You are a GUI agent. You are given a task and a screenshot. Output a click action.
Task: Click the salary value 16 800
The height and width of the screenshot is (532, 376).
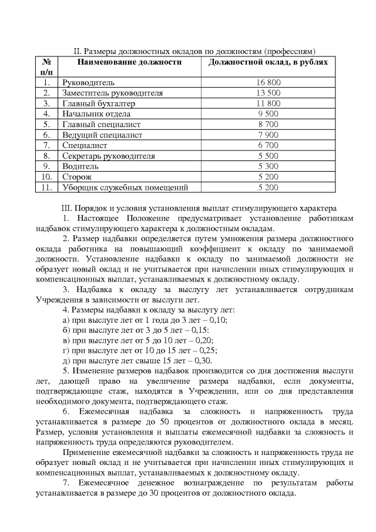click(268, 82)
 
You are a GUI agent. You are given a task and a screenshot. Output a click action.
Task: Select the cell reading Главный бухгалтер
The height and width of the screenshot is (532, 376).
click(98, 103)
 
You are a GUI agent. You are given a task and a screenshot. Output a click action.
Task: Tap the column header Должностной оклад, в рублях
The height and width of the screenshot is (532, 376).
click(268, 62)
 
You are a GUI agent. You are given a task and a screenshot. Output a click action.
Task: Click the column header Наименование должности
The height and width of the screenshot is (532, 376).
click(130, 62)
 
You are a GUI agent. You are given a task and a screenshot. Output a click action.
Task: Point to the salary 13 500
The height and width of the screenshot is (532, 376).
click(268, 93)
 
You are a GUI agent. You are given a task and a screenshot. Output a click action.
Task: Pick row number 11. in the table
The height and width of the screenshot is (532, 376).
click(46, 188)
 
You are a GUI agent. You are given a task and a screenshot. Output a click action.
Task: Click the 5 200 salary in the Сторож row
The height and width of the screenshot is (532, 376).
click(268, 178)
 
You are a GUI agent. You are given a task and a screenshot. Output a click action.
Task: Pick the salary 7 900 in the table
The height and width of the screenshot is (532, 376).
click(268, 135)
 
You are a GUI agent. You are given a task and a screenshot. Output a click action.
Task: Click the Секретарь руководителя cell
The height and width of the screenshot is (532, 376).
click(109, 156)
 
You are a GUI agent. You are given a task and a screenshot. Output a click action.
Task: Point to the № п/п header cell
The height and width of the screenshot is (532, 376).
click(46, 66)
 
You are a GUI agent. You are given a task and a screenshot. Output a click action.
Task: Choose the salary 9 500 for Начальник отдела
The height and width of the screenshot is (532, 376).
click(268, 114)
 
